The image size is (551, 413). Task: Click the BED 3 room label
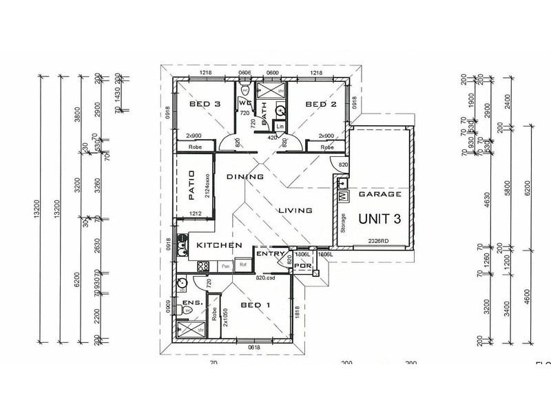[x=204, y=105]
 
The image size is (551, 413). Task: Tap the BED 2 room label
[x=320, y=105]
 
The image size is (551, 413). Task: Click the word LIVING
[x=295, y=211]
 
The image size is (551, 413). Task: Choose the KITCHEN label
[x=218, y=246]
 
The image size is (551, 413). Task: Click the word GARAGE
[x=380, y=195]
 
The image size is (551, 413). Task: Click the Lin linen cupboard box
[x=280, y=127]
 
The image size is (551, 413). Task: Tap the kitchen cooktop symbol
[x=204, y=265]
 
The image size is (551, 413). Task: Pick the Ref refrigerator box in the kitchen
[x=242, y=264]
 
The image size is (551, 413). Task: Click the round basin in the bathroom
[x=280, y=109]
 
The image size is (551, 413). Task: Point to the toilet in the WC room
[x=246, y=90]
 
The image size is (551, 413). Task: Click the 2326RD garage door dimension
[x=379, y=240]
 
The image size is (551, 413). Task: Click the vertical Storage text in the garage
[x=342, y=224]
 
